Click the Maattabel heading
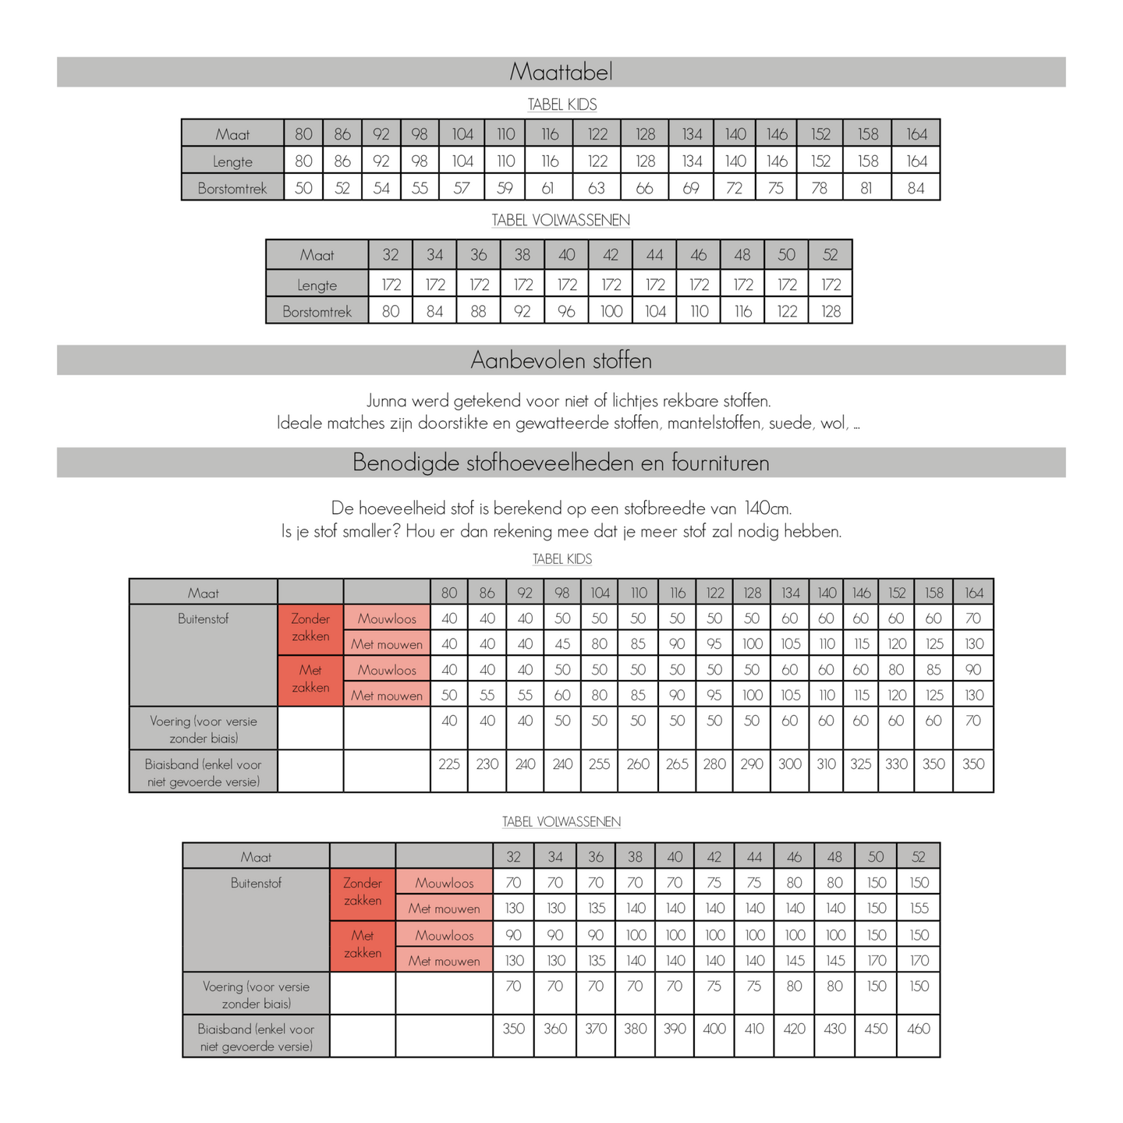point(561,72)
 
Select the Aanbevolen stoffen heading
point(561,360)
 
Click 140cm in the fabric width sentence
point(767,508)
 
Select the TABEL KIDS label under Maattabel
point(561,105)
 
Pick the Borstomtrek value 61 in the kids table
point(549,188)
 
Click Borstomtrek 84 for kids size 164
point(916,188)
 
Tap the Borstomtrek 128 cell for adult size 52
point(831,311)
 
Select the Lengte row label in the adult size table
point(317,285)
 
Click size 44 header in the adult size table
point(654,255)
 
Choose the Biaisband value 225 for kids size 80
point(449,764)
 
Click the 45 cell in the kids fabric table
point(562,644)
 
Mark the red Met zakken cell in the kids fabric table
point(310,679)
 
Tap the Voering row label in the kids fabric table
point(204,729)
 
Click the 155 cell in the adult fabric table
point(919,909)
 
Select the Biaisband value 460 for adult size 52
point(919,1029)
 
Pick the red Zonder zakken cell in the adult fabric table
point(363,892)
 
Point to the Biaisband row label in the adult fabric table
point(256,1037)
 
